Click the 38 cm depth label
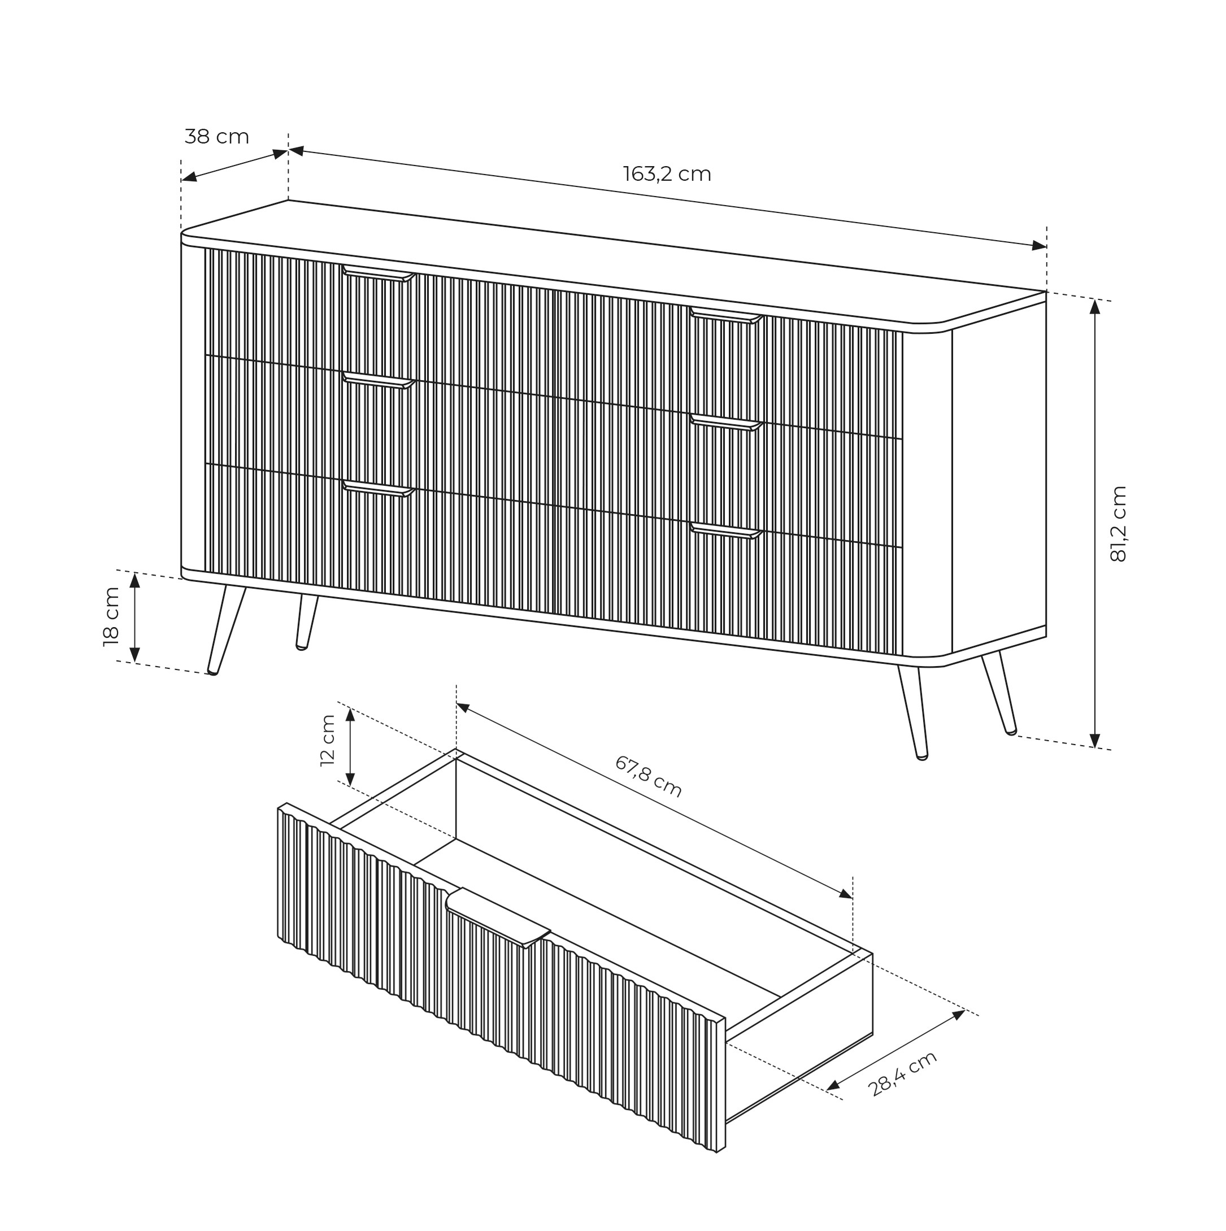216,137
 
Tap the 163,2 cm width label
667,174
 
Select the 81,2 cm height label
1118,524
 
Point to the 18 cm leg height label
111,617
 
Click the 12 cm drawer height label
328,741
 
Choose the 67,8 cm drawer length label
648,777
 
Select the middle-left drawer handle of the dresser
379,380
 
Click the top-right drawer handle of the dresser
727,315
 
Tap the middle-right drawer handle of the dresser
727,423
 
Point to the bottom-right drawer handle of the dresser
727,530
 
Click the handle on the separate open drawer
497,917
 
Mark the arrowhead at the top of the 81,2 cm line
1095,307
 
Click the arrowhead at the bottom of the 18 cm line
134,654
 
